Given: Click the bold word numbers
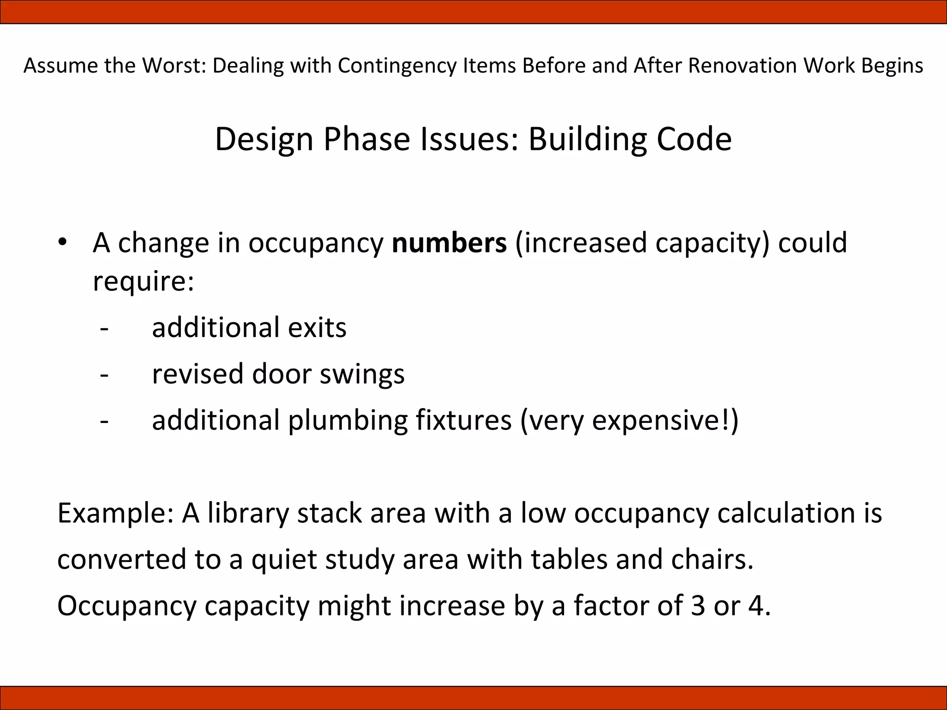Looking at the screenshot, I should [449, 243].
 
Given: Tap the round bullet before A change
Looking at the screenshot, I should [63, 242].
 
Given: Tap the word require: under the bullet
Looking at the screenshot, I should [143, 281].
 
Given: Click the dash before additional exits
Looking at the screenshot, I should [105, 329].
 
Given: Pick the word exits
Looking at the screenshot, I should [317, 328].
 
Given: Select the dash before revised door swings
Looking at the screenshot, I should [105, 375].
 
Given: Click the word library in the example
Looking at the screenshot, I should [248, 514].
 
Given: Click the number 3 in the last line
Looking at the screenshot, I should [698, 606].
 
